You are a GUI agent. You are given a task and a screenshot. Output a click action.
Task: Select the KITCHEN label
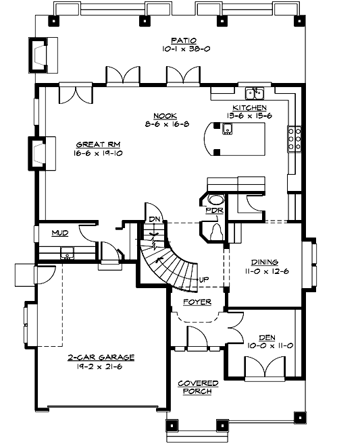click(x=249, y=108)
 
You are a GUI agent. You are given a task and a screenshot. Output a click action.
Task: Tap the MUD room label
click(x=60, y=233)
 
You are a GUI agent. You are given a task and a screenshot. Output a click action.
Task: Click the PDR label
click(x=214, y=211)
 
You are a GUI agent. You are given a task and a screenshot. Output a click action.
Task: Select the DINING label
click(x=264, y=262)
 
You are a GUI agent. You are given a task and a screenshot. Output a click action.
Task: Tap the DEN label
click(x=266, y=337)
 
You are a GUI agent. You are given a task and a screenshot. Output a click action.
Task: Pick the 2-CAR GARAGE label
click(x=101, y=357)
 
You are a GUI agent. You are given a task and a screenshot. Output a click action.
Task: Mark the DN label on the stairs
click(x=153, y=219)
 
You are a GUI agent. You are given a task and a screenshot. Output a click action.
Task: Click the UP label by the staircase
click(x=203, y=279)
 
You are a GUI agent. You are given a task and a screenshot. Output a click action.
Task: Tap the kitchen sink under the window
click(x=254, y=92)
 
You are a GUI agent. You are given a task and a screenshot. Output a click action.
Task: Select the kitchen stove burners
click(x=294, y=138)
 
